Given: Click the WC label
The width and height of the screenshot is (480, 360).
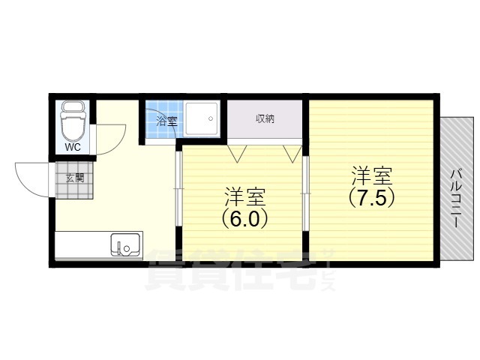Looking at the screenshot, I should (x=73, y=147).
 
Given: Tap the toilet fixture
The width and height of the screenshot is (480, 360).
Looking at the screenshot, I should (x=73, y=124).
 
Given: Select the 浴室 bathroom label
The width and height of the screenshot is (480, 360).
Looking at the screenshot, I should (x=166, y=121).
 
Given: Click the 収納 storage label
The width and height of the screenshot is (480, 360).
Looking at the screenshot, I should (x=265, y=118).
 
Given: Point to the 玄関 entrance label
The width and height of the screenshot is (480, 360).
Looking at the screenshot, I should (x=74, y=178).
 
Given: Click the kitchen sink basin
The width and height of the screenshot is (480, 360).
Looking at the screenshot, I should (x=125, y=245).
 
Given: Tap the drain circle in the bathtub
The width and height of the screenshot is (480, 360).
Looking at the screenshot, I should (x=211, y=118).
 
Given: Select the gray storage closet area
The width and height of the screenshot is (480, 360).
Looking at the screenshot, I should (x=265, y=129).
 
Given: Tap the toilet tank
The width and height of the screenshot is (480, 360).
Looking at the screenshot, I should (x=73, y=107).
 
